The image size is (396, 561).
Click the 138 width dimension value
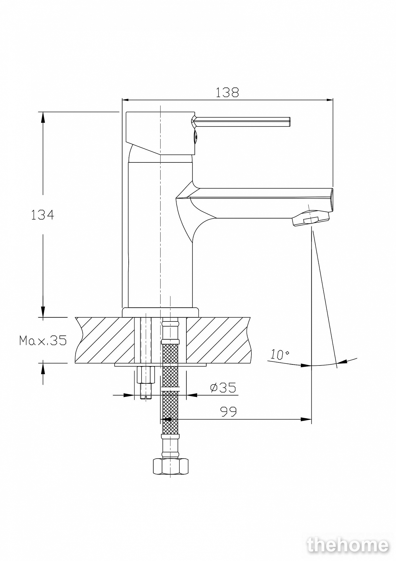[x=227, y=92]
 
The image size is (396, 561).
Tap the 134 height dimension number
[x=42, y=215]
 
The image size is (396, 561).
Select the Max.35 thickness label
[x=43, y=340]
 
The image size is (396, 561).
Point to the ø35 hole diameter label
[x=223, y=387]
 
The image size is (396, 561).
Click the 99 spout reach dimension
[x=228, y=411]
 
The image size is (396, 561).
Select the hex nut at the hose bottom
[x=170, y=466]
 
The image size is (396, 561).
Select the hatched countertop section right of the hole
[x=219, y=340]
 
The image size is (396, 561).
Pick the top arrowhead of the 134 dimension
[x=43, y=117]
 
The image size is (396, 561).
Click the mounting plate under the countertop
[x=160, y=365]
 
